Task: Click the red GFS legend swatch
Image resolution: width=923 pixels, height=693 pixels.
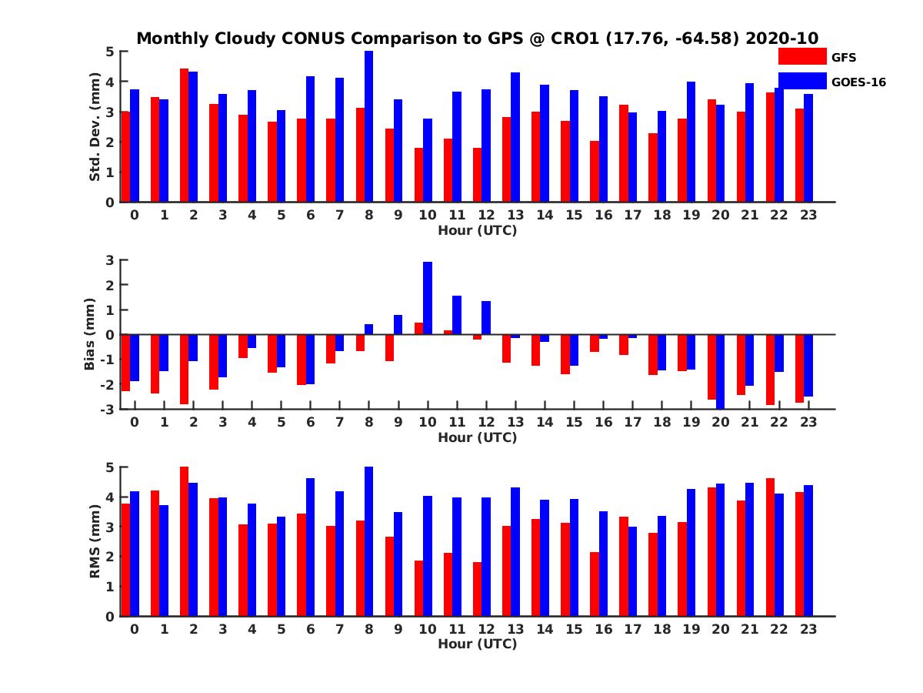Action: [801, 56]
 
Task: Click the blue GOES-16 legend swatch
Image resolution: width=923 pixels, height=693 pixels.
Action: [801, 81]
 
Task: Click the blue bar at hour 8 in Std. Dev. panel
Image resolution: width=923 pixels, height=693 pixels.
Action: [368, 127]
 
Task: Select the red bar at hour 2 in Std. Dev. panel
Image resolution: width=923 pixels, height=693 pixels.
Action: [185, 136]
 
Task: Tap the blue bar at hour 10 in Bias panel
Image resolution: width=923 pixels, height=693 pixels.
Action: [428, 298]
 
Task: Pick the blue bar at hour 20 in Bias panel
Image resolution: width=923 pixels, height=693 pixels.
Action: [720, 371]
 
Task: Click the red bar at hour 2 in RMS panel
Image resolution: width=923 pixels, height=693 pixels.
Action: [185, 541]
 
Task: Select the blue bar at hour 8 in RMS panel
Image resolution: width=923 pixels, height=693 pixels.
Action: [368, 541]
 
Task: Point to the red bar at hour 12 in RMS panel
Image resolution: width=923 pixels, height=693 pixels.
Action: [478, 589]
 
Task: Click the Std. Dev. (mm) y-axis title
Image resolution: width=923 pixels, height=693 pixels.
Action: [95, 127]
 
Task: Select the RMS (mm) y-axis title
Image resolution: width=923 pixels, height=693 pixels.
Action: [95, 541]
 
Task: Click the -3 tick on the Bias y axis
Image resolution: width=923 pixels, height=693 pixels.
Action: [108, 409]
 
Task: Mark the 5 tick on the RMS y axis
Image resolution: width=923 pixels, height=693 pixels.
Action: [111, 467]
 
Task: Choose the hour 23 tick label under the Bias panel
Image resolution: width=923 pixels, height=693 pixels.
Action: [808, 422]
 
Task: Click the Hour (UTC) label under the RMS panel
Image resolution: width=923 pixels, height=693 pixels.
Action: [477, 644]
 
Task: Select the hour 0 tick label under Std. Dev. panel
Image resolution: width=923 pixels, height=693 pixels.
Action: [135, 215]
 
